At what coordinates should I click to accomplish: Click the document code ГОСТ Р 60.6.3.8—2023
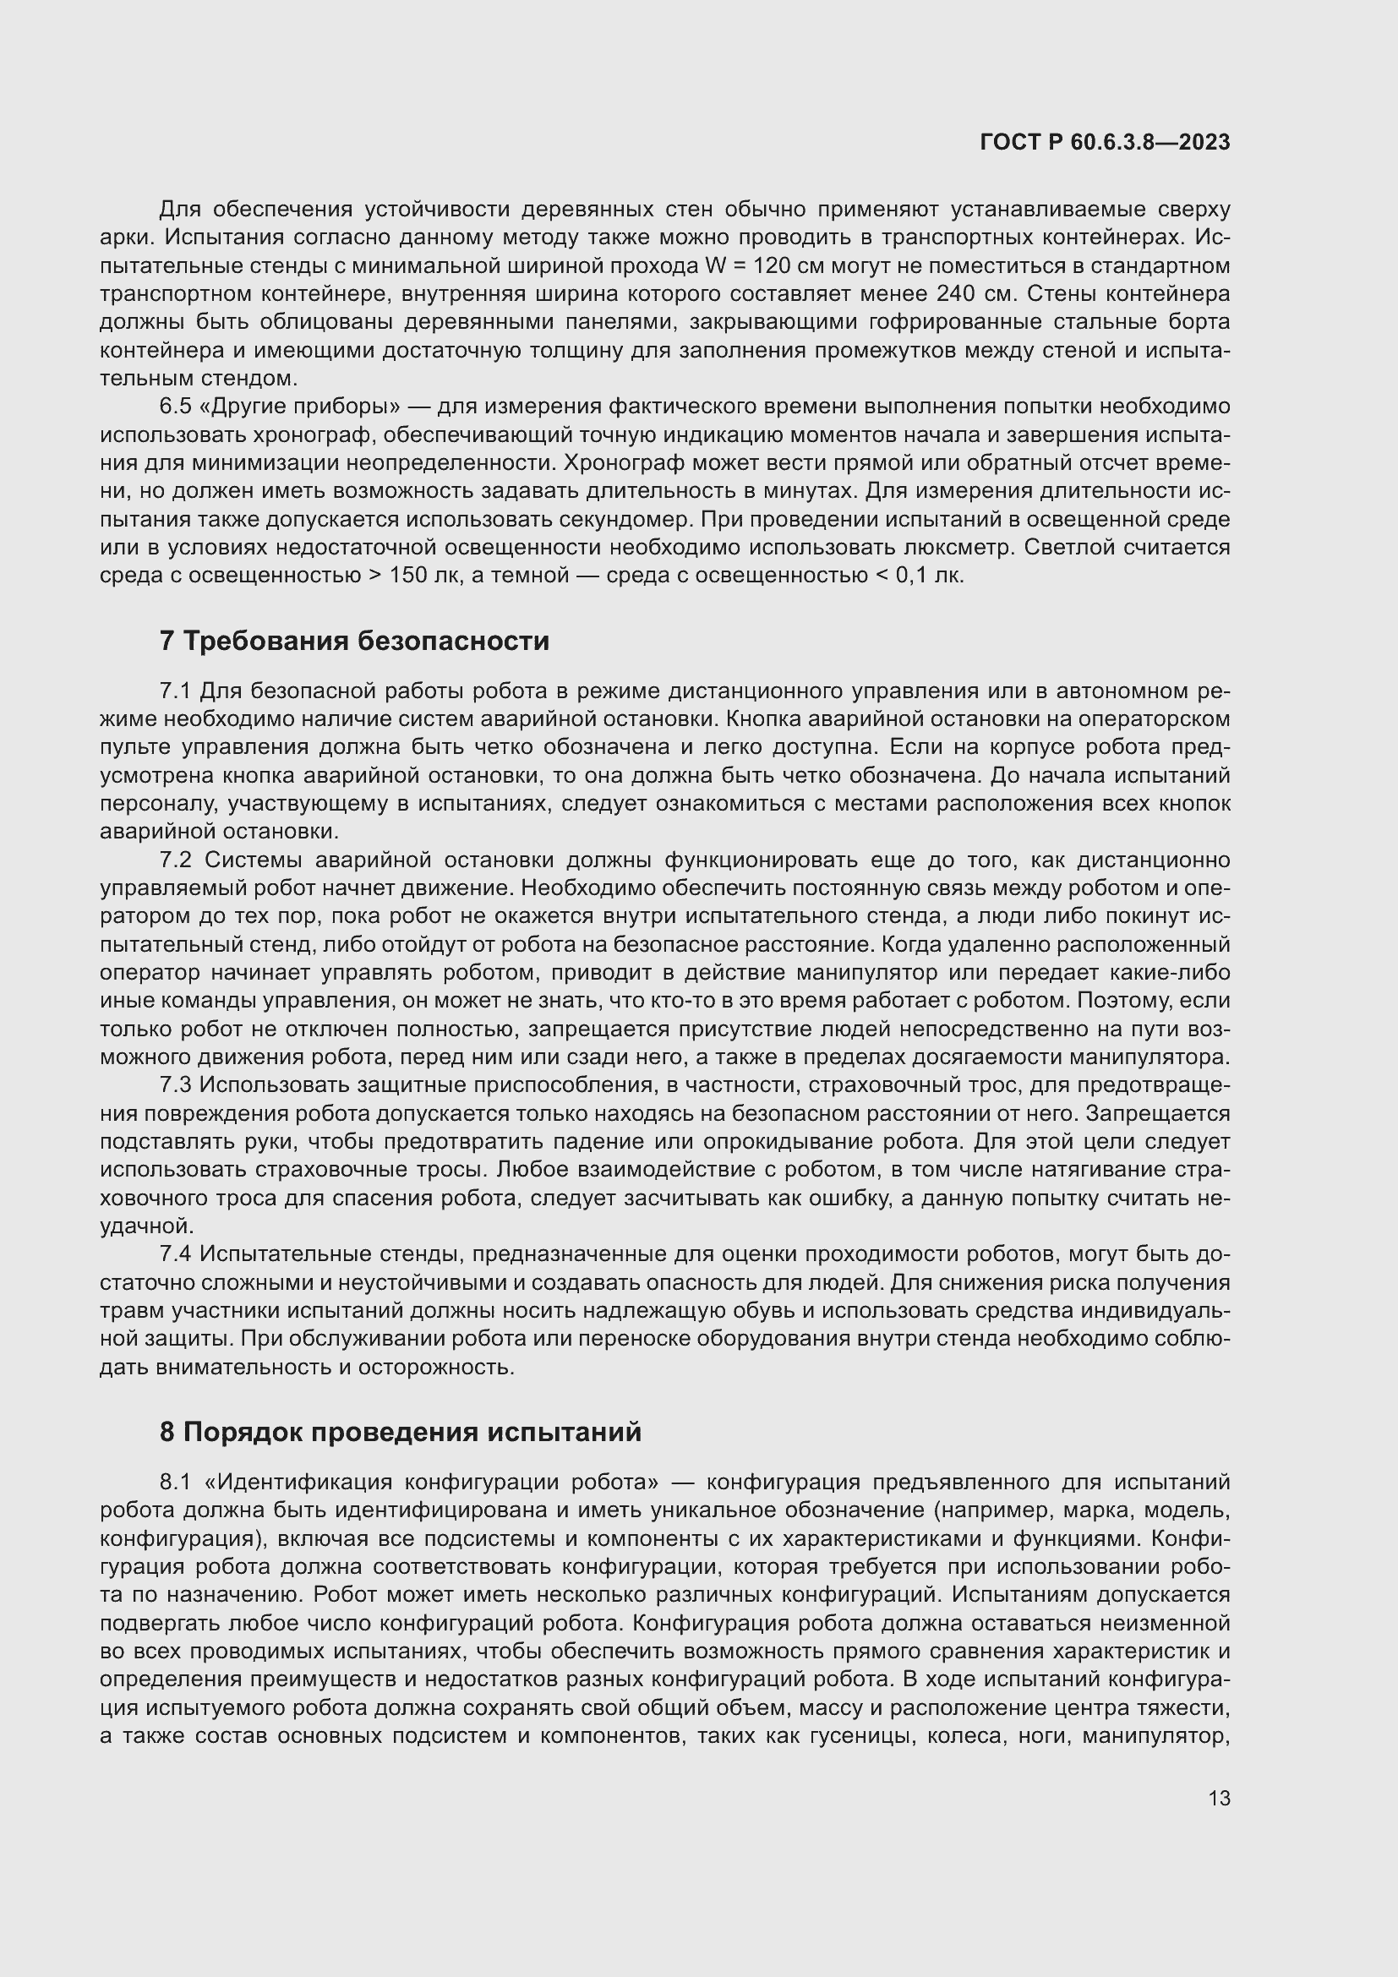[1105, 143]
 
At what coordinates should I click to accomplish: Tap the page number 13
[1219, 1799]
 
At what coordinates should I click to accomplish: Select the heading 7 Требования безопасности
[354, 642]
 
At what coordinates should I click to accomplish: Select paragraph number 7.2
[176, 860]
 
